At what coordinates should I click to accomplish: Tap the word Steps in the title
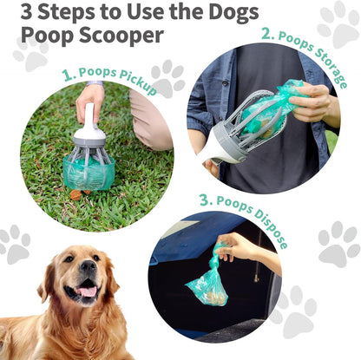point(66,11)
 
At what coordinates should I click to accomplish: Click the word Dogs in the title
point(233,13)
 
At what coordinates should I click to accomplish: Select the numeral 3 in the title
point(27,11)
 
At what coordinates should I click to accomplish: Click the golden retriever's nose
point(88,265)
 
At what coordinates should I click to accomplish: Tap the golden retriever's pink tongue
point(87,291)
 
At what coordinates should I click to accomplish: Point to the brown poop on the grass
point(76,194)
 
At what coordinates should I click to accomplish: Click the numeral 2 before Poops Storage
point(267,33)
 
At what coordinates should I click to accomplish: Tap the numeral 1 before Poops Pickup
point(69,75)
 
